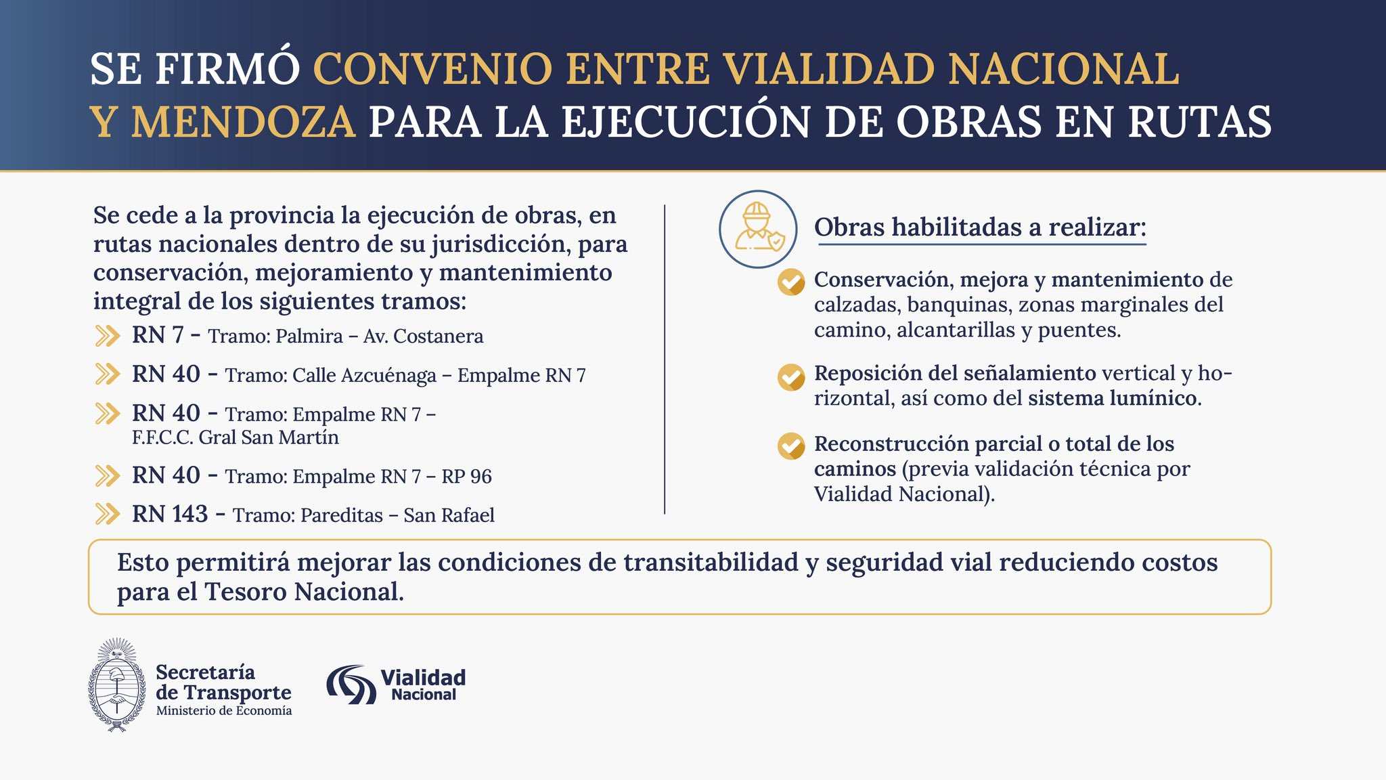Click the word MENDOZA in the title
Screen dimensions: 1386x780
coord(244,122)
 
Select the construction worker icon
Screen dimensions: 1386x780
coord(758,229)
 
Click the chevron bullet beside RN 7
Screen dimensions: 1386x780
coord(108,336)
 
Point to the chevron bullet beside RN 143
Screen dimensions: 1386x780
coord(108,514)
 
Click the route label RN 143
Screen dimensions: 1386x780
coord(170,514)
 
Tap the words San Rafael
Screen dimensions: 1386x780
coord(449,515)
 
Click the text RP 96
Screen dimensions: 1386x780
coord(467,476)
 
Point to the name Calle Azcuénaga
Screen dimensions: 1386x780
coord(364,375)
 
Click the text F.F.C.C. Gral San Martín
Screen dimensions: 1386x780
coord(236,437)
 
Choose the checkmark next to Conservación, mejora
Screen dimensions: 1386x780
coord(791,282)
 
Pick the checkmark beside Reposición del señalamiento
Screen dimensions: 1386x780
coord(791,377)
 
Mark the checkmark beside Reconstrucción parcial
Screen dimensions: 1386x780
coord(791,446)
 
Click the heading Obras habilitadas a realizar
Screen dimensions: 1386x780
coord(980,227)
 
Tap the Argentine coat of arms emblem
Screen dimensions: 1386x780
coord(118,685)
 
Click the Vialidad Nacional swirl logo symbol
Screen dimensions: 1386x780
coord(351,685)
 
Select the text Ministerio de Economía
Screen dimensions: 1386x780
coord(224,711)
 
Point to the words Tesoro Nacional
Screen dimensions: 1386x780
coord(305,592)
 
